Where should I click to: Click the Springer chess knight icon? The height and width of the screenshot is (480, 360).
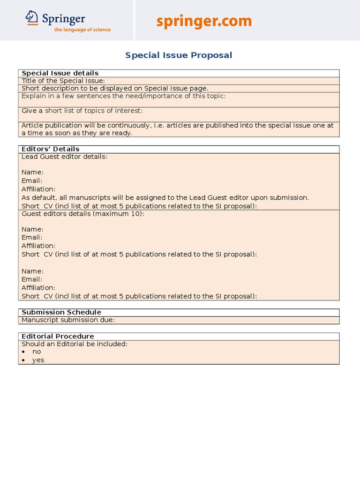(32, 18)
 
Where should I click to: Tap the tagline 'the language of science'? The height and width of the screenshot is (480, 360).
(82, 30)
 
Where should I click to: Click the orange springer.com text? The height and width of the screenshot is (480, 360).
(204, 21)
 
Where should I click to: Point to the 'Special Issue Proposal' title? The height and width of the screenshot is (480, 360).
(179, 55)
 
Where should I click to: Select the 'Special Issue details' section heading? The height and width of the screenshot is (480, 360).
(60, 73)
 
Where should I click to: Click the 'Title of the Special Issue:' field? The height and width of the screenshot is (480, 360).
(63, 81)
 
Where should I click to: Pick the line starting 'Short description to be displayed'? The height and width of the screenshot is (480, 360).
(115, 88)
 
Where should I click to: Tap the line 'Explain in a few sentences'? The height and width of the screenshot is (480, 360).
(123, 96)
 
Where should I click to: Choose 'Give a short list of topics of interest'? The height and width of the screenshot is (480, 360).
(82, 111)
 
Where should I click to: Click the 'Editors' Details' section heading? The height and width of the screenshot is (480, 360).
(51, 149)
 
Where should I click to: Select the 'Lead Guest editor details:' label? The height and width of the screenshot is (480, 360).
(64, 157)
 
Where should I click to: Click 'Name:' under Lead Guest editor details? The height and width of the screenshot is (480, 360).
(32, 172)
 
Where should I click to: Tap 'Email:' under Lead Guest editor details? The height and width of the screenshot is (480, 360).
(32, 181)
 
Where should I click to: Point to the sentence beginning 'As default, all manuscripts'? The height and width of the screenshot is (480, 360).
(165, 198)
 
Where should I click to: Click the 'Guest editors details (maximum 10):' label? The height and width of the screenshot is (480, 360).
(83, 214)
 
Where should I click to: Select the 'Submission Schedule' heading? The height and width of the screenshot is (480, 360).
(61, 312)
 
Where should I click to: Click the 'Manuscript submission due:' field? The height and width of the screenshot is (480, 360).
(68, 320)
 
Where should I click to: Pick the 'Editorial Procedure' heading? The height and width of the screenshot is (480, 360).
(58, 337)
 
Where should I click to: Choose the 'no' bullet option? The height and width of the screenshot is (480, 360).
(37, 352)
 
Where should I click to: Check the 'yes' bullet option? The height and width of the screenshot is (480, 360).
(38, 360)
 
